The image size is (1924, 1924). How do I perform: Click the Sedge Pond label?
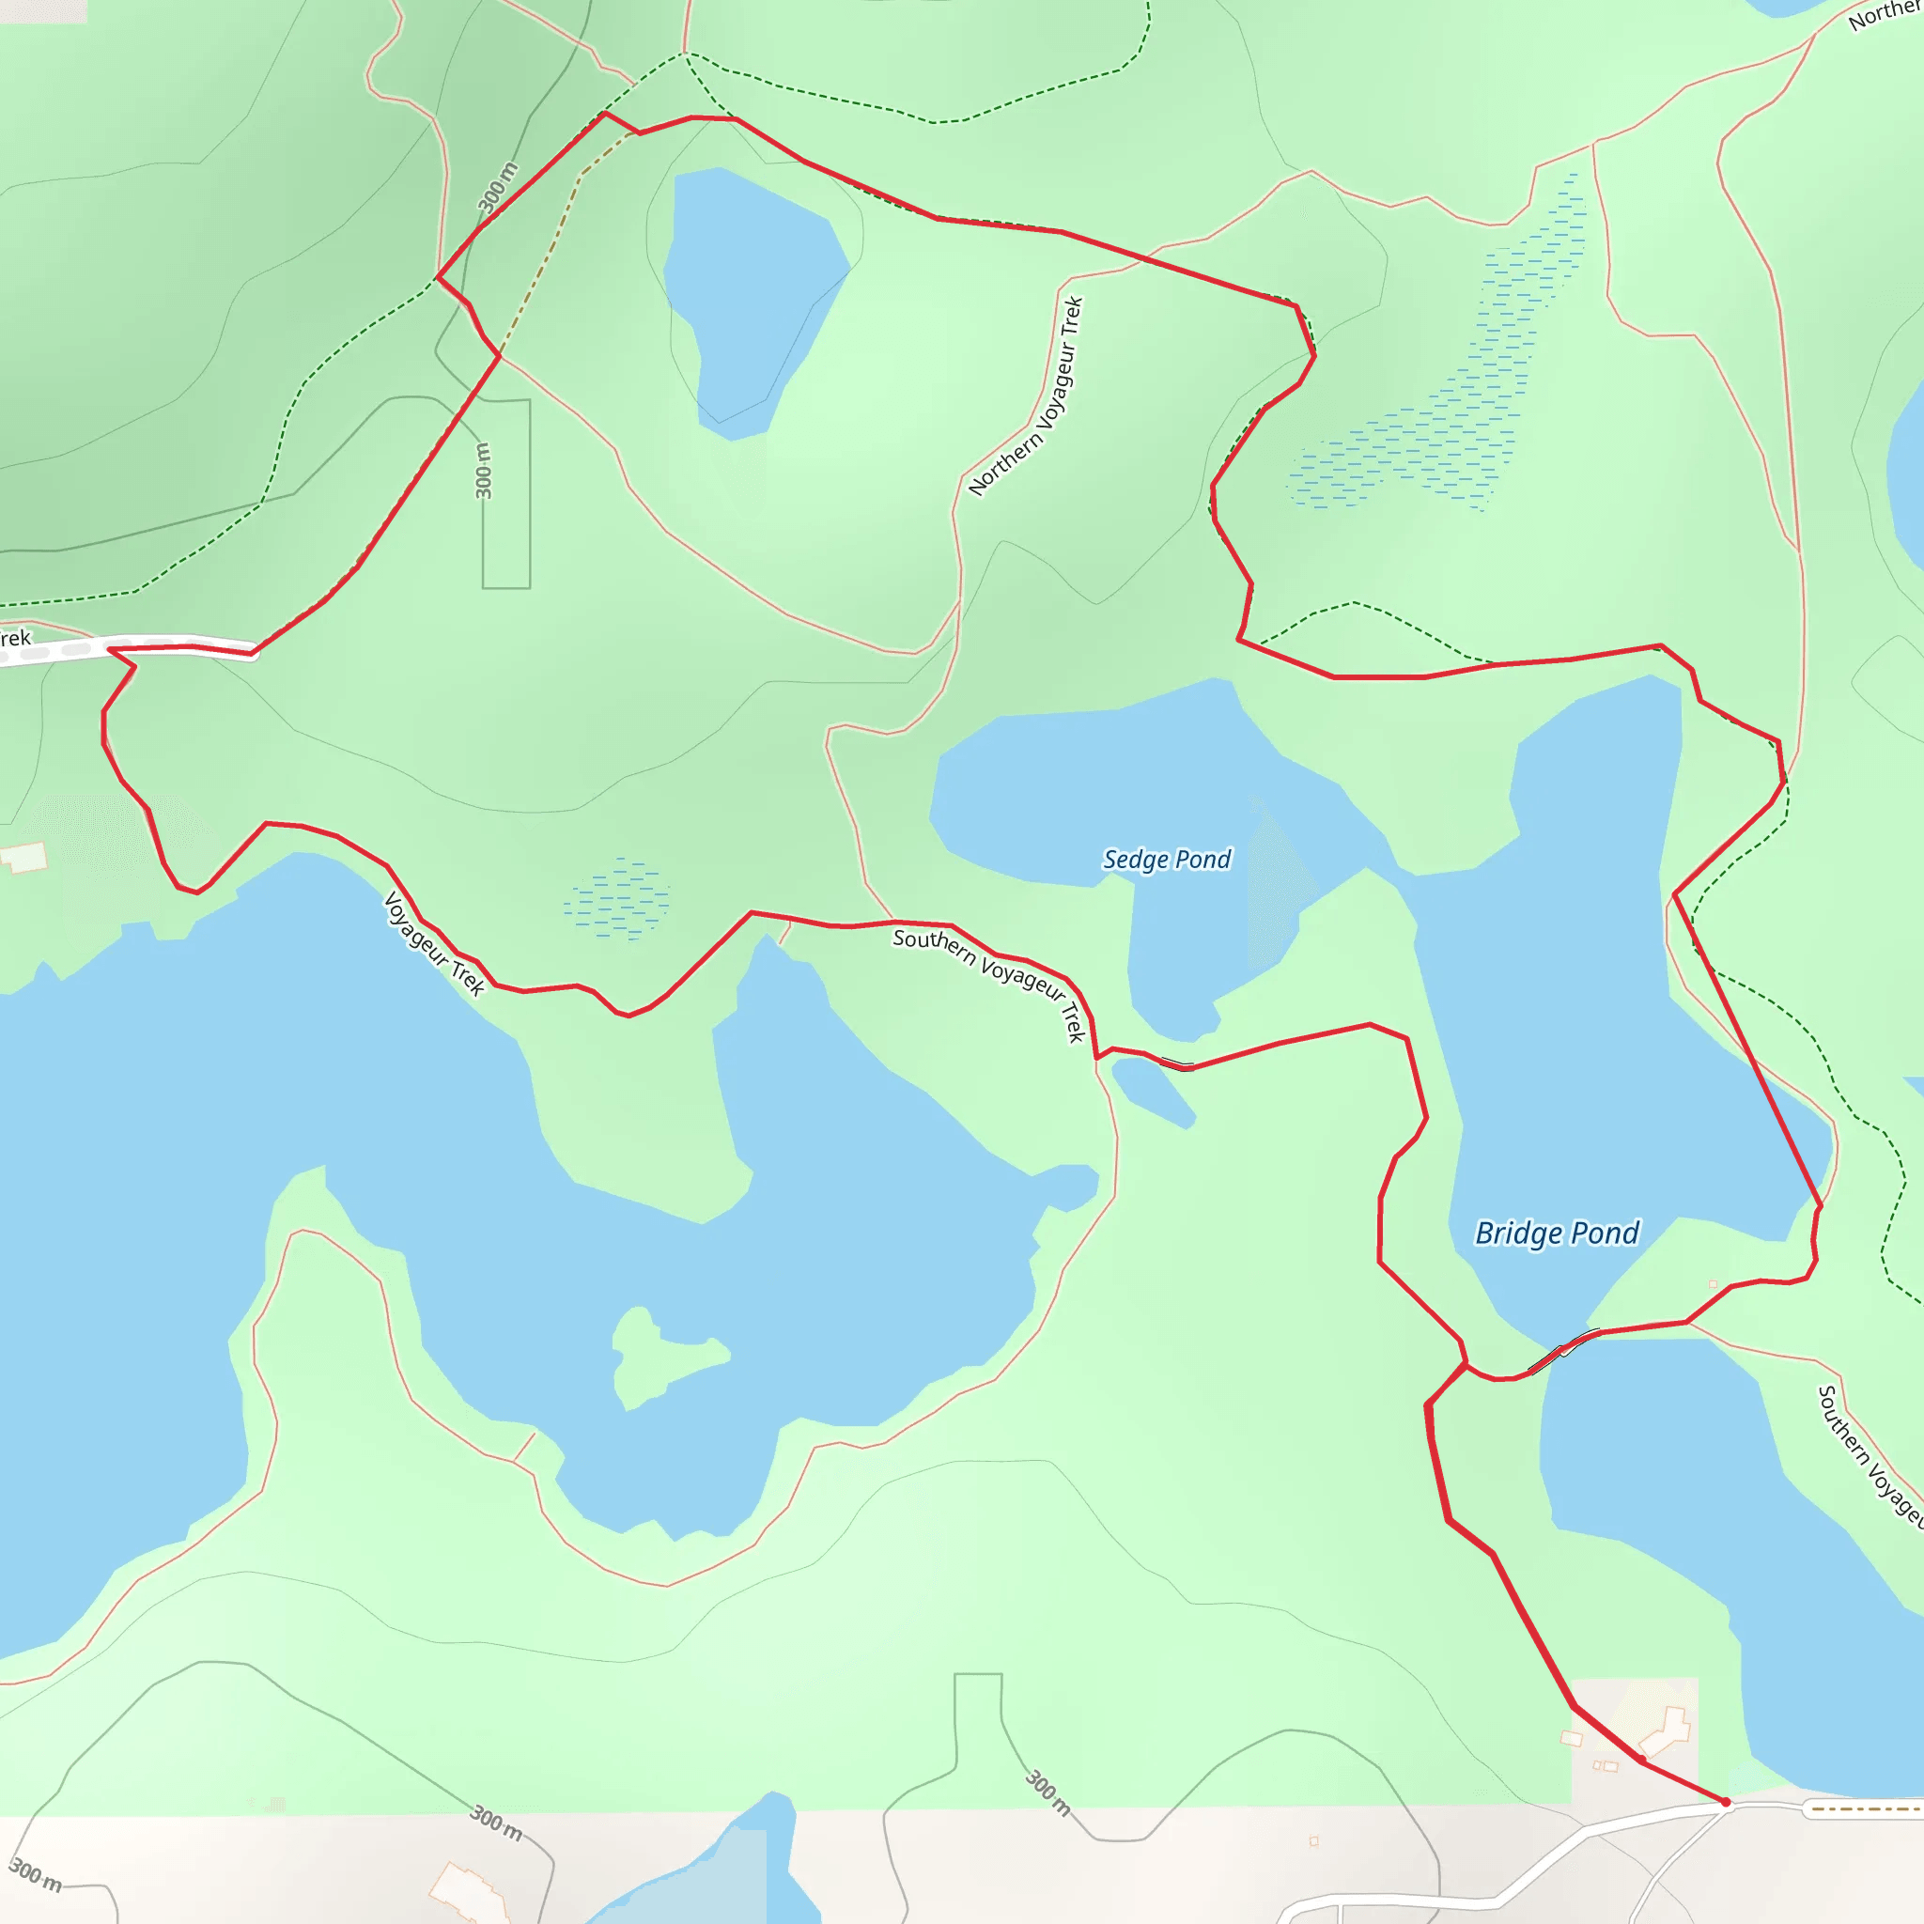(1166, 859)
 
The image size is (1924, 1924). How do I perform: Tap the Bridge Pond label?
(1557, 1233)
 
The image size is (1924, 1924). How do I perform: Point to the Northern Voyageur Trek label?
(1026, 396)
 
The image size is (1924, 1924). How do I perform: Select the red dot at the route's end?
(1726, 1803)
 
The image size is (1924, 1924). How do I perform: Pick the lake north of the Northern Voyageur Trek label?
(752, 299)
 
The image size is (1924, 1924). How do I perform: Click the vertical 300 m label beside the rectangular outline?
(483, 470)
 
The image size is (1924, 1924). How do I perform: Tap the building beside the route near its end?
(1666, 1732)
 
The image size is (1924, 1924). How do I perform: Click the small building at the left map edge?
(23, 857)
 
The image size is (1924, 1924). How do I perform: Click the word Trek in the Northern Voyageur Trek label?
(1072, 318)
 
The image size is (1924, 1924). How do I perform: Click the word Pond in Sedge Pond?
(1203, 859)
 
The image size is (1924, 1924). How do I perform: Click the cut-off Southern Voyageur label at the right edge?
(1869, 1454)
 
